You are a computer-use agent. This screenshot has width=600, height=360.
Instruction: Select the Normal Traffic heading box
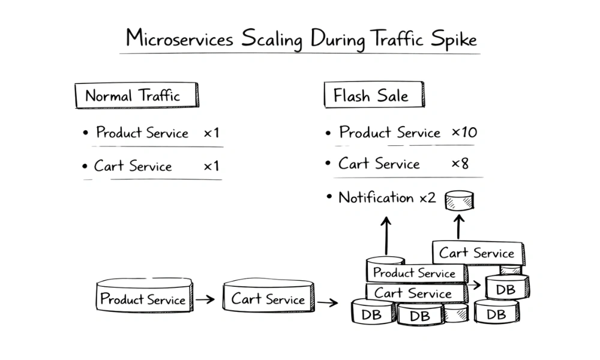point(136,95)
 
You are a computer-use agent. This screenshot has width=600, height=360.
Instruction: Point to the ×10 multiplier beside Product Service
point(464,133)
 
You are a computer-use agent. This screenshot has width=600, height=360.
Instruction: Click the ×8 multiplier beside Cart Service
point(460,164)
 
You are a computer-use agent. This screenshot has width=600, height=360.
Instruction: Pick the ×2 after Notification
point(427,197)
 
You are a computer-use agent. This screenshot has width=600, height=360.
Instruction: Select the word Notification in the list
point(376,197)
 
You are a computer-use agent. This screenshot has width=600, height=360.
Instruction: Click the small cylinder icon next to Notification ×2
point(460,201)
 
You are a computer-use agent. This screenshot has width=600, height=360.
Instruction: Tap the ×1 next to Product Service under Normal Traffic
point(211,133)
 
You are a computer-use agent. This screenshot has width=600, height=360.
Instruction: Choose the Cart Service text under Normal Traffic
point(133,166)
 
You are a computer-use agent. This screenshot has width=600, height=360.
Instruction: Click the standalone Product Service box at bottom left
point(144,298)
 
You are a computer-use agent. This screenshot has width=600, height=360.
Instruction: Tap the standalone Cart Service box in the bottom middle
point(268,298)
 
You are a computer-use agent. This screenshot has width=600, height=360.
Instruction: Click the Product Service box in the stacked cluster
point(414,272)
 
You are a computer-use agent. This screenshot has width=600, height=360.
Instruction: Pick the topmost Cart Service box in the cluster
point(477,253)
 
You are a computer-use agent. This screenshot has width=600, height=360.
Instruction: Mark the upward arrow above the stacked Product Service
point(386,236)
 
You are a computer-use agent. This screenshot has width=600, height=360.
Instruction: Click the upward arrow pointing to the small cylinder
point(459,227)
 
